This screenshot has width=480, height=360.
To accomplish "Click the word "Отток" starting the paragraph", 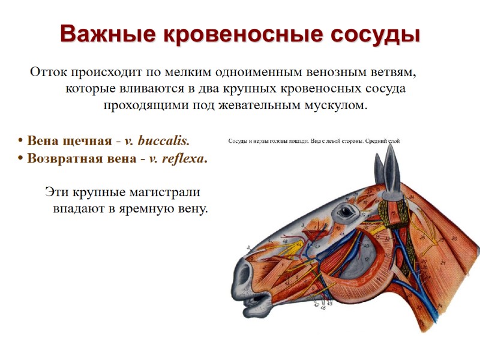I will coord(49,73).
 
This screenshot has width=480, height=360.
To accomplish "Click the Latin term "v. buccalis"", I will coord(157,142).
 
